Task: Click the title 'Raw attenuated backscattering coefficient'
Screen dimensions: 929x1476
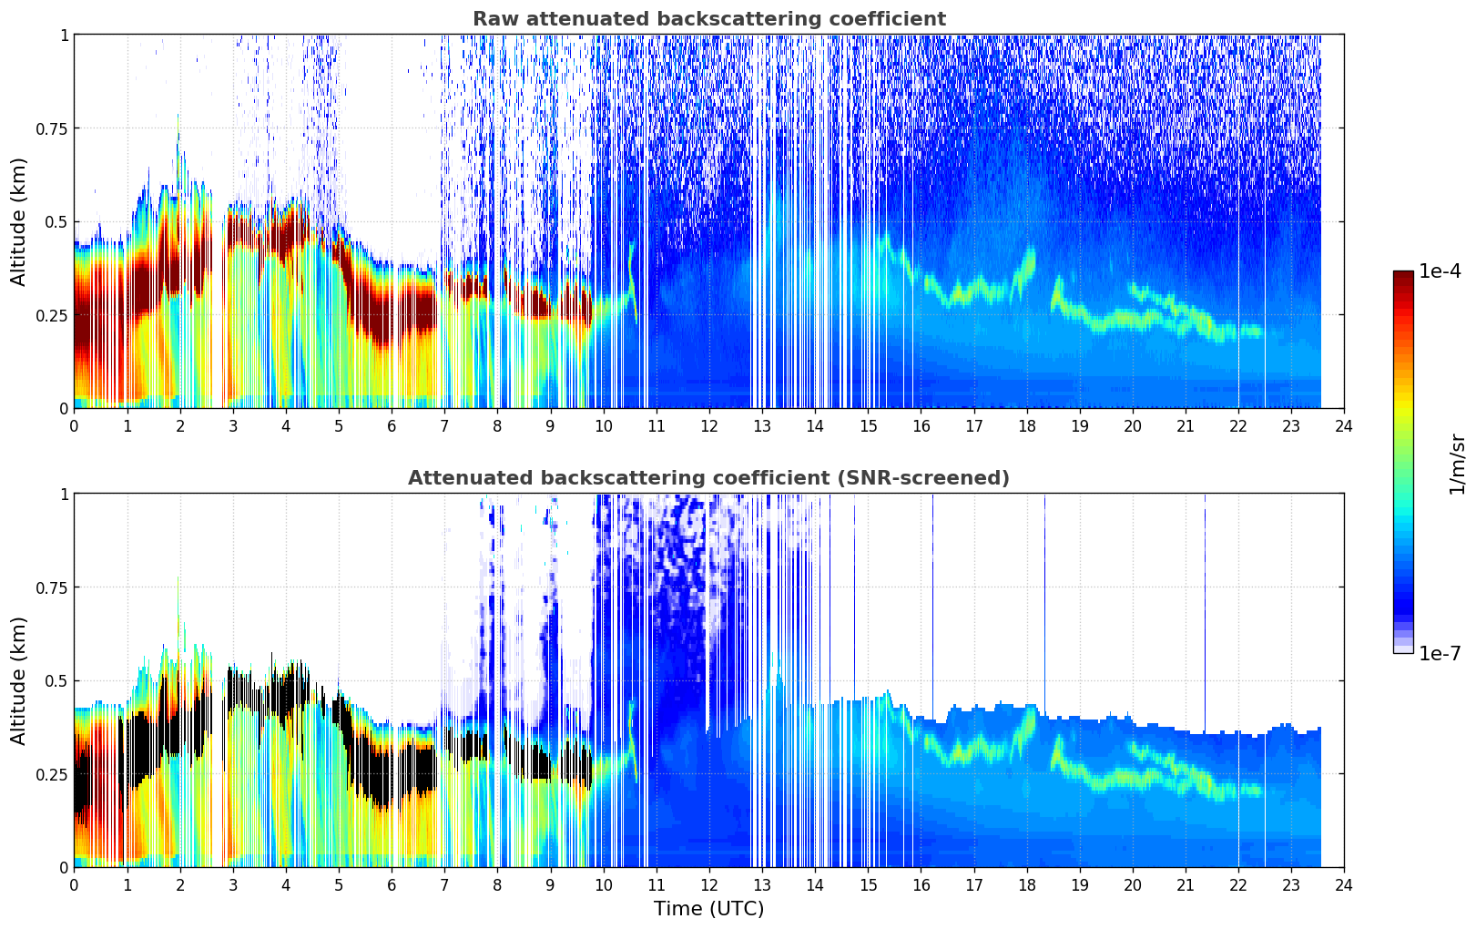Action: (x=708, y=19)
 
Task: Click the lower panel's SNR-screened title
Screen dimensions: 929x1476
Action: (x=708, y=478)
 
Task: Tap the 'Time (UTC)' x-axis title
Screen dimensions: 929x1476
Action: (x=708, y=909)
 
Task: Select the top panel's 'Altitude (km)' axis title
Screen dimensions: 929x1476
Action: (x=19, y=221)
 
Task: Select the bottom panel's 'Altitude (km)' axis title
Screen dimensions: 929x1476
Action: (x=19, y=680)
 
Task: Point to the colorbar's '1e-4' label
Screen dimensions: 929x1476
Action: (x=1440, y=271)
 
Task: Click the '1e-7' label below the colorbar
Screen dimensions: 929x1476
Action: (x=1440, y=654)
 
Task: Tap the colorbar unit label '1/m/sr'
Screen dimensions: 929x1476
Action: (x=1457, y=464)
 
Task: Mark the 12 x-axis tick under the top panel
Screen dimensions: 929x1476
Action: (x=709, y=425)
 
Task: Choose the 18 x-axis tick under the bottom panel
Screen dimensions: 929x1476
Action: (x=1026, y=884)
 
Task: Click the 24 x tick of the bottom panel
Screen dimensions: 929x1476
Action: (x=1344, y=884)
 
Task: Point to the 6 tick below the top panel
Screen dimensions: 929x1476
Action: (x=392, y=425)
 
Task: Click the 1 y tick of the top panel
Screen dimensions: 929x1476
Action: (x=64, y=35)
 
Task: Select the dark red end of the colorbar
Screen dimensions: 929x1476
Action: (x=1403, y=276)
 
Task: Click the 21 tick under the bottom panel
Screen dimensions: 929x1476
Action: (x=1185, y=884)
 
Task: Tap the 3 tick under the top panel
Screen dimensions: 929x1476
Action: (x=233, y=425)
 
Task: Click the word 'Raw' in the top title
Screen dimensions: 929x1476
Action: (x=494, y=19)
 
